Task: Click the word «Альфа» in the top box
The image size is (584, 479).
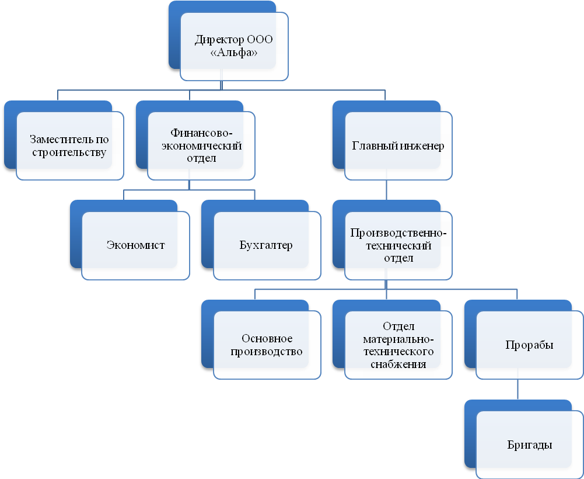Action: point(234,52)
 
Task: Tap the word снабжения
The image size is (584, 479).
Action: point(398,364)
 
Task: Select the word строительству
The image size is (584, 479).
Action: point(69,152)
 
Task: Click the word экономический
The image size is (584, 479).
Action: point(201,145)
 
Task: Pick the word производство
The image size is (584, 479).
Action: point(266,352)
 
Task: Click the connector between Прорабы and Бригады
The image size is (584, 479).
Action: point(517,390)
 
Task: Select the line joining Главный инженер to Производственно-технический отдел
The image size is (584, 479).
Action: point(386,190)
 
